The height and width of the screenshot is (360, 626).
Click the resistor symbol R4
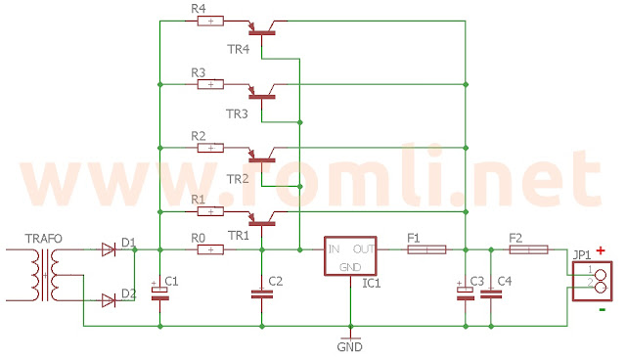(x=210, y=21)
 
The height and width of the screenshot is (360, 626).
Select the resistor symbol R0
(x=210, y=249)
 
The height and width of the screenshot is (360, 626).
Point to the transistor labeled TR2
(x=262, y=156)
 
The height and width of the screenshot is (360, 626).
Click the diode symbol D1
(x=109, y=249)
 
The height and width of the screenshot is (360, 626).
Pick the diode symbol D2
(x=109, y=299)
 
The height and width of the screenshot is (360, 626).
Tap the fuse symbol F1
(x=425, y=249)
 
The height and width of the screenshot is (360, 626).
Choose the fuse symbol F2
(x=529, y=249)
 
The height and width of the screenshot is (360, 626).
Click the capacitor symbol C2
(x=261, y=293)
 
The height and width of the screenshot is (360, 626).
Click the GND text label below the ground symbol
(x=349, y=346)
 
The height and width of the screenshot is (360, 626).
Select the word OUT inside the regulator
(x=365, y=247)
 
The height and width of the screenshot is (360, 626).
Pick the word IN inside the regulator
(x=334, y=247)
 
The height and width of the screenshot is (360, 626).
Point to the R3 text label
(x=199, y=71)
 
